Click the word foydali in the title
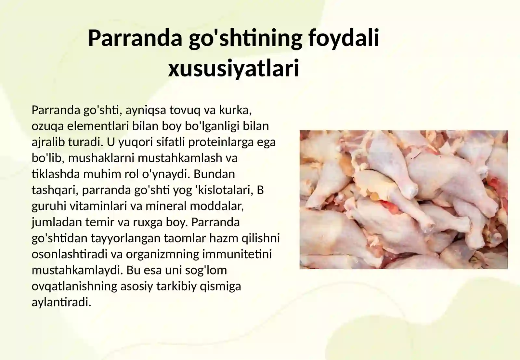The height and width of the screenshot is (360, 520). tap(344, 38)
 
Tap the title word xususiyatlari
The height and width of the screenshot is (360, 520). tap(233, 69)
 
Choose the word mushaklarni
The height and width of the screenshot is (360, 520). tap(101, 158)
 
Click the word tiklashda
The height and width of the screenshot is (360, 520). tap(56, 174)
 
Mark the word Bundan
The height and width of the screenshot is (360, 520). tap(214, 174)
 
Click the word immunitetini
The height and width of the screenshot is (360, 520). tap(237, 254)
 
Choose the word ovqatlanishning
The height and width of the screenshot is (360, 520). tap(74, 286)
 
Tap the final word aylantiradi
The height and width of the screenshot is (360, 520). tap(61, 302)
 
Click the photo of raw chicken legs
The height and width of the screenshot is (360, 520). tap(403, 199)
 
